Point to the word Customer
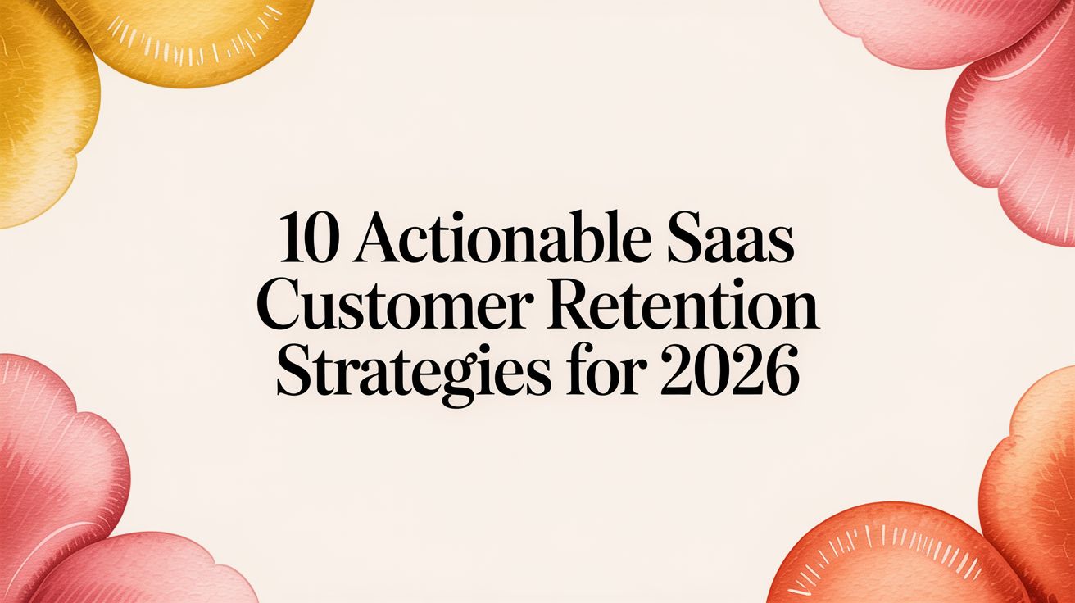pos(394,305)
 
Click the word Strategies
pos(414,375)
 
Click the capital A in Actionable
pos(379,238)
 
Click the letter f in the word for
pos(578,372)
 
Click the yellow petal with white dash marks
pos(192,39)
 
